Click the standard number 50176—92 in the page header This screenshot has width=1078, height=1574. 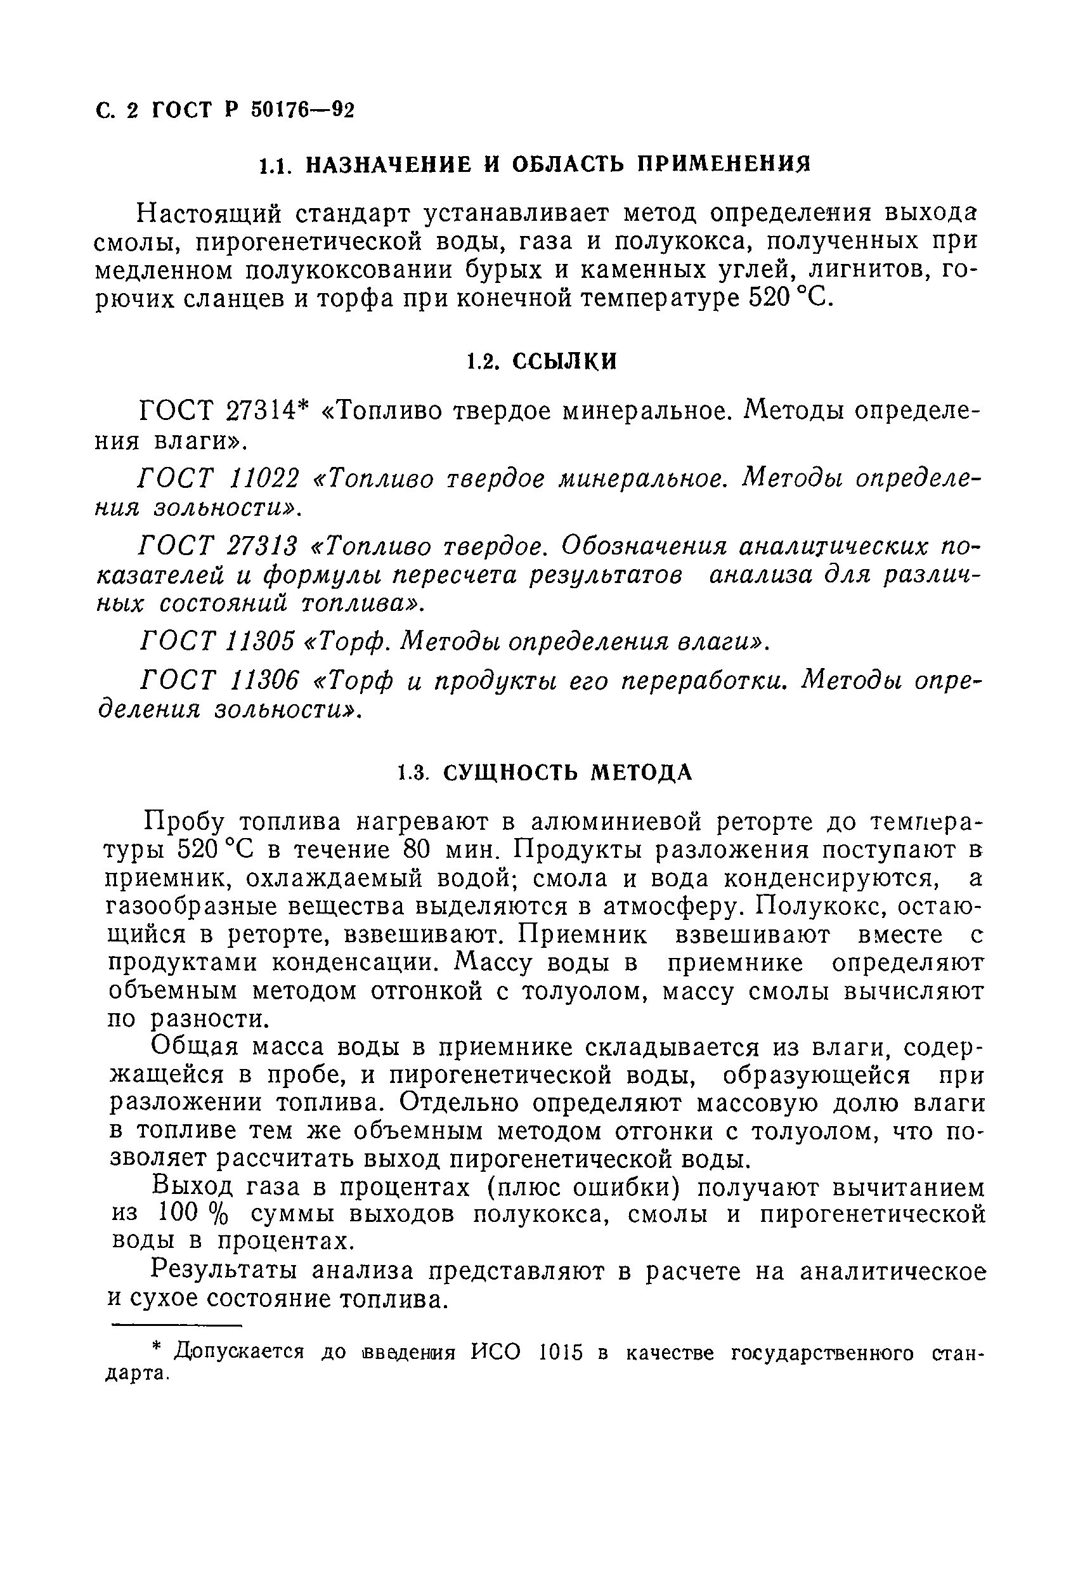tap(302, 110)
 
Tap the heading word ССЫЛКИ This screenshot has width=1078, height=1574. tap(564, 362)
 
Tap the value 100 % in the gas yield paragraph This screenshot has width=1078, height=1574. tap(192, 1215)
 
